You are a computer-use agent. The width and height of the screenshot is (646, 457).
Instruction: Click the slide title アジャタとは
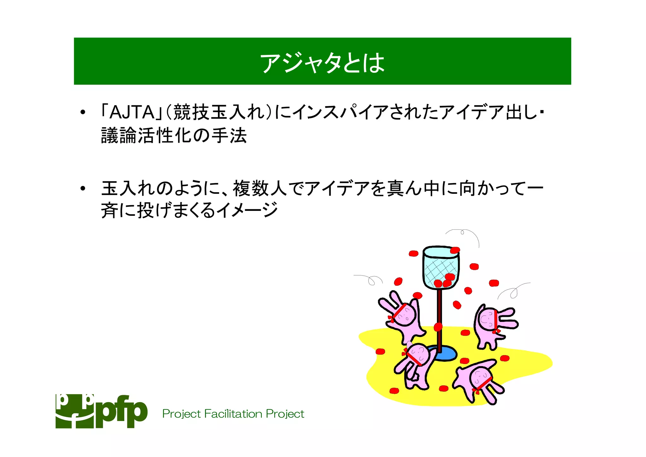click(322, 62)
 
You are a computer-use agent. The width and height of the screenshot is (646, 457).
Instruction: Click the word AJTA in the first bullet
click(132, 112)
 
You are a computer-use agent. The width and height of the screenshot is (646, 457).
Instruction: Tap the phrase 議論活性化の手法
click(173, 136)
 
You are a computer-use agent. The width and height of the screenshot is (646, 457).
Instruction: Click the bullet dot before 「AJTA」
click(83, 113)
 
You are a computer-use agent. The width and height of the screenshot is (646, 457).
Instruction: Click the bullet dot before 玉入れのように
click(83, 189)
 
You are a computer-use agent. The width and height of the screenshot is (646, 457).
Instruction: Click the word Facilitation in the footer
click(233, 413)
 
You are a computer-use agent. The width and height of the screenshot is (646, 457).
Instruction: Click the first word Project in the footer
click(181, 413)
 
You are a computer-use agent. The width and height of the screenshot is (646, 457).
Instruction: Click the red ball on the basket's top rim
click(455, 250)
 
